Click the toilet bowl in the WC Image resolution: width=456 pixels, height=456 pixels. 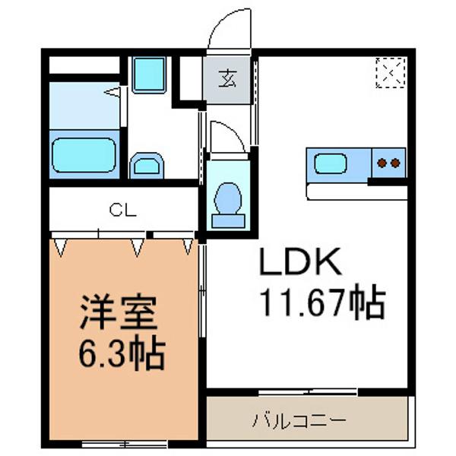point(226,198)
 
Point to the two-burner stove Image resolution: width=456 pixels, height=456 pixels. point(388,162)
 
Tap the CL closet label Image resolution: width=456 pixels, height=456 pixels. point(122,210)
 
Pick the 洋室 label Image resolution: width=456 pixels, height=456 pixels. point(118,312)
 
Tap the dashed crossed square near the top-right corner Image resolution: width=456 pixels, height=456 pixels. point(391,73)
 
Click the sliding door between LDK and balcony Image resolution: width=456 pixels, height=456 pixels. point(307,392)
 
